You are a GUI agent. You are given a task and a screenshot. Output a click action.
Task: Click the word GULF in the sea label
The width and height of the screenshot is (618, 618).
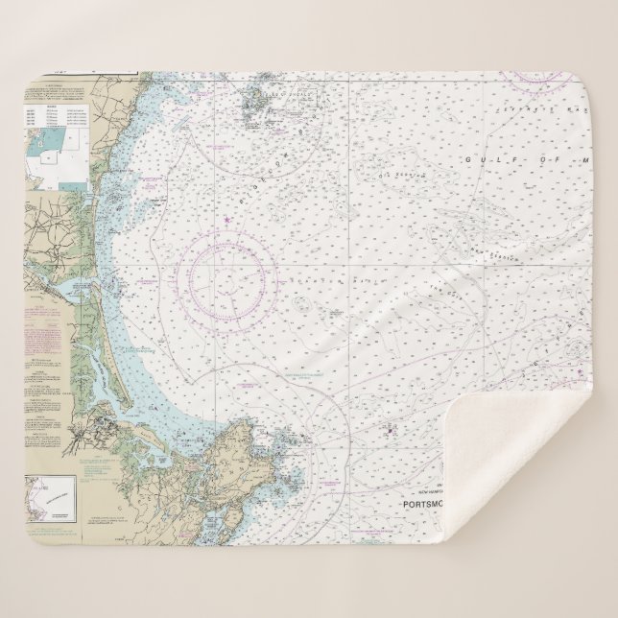point(481,158)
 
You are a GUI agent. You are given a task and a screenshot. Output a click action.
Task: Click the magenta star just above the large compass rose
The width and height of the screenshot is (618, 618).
point(227,224)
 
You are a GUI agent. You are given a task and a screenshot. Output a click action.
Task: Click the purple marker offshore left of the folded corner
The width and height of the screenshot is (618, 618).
point(390,429)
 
